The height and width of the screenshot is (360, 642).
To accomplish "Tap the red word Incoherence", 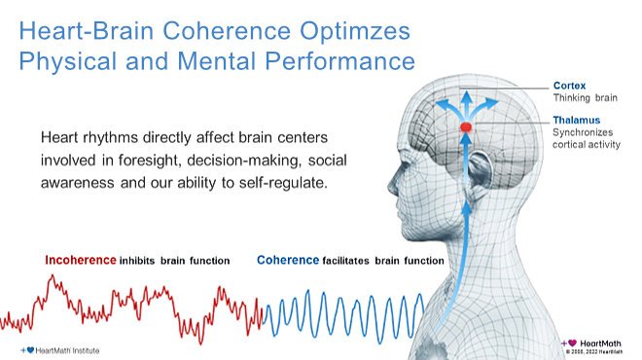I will point(81,261).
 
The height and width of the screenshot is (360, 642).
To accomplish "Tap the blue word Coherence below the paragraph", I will point(288,261).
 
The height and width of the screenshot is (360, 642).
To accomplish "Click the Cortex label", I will point(568,86).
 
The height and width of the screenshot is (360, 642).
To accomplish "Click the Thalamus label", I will point(574,120).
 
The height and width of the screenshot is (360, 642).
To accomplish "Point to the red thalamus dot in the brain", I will point(466,127).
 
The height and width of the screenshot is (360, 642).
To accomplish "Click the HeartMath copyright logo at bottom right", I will point(596,344).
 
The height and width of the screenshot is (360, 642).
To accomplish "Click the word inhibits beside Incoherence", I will point(141,261).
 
